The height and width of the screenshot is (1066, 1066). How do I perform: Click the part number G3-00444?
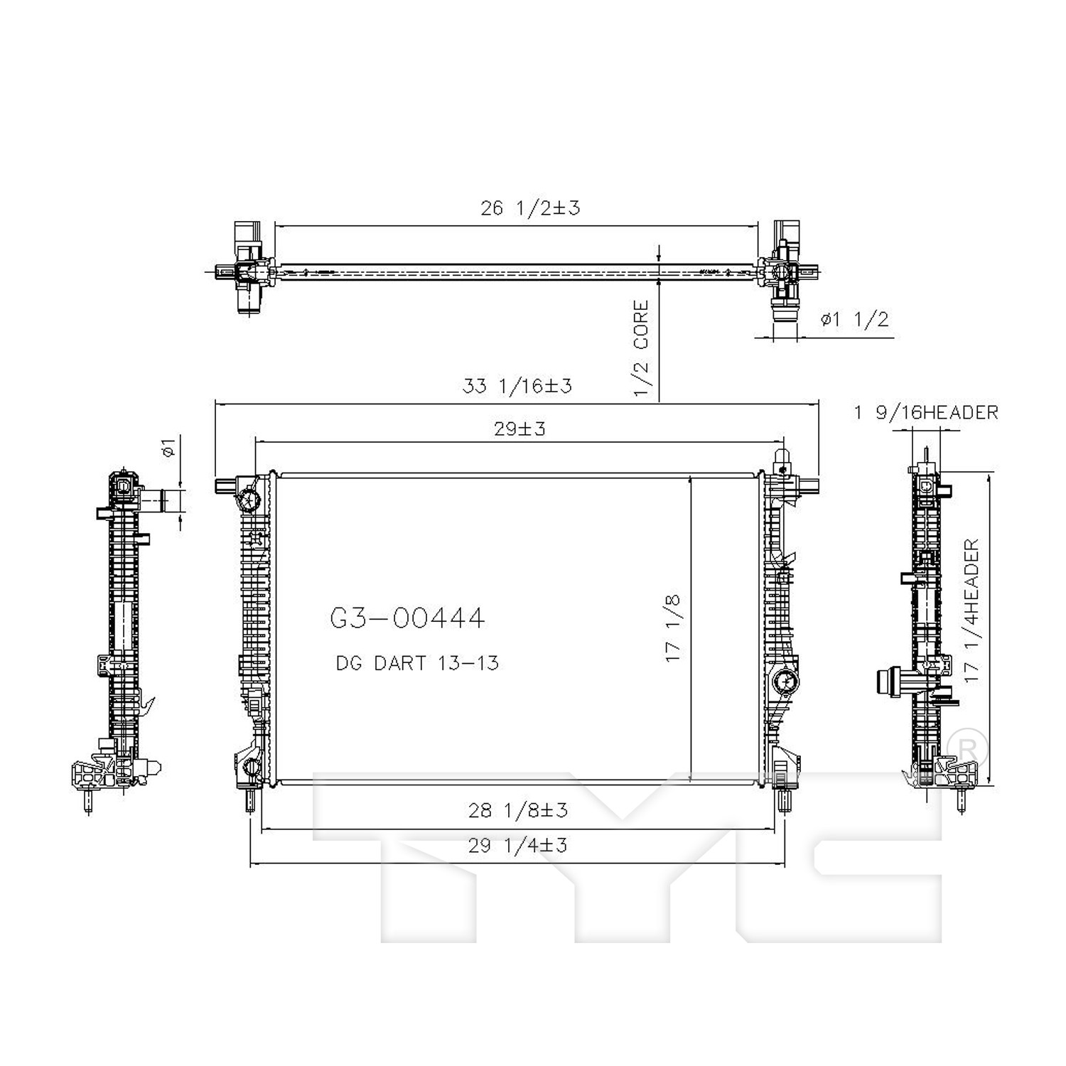click(407, 618)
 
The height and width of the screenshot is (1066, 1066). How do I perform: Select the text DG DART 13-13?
click(417, 663)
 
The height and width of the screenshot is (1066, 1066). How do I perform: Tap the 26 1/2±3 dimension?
click(530, 208)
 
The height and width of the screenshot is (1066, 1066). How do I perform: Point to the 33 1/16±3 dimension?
click(517, 386)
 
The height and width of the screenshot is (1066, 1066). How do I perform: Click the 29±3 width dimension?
click(520, 429)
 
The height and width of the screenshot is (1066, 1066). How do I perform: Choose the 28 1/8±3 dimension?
click(517, 809)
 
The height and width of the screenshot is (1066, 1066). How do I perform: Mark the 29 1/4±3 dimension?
click(517, 845)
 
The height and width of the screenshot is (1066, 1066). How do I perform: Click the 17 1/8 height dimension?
click(672, 628)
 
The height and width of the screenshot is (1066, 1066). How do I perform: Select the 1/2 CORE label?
click(641, 348)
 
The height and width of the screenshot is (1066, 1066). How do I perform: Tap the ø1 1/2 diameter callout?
click(854, 319)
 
